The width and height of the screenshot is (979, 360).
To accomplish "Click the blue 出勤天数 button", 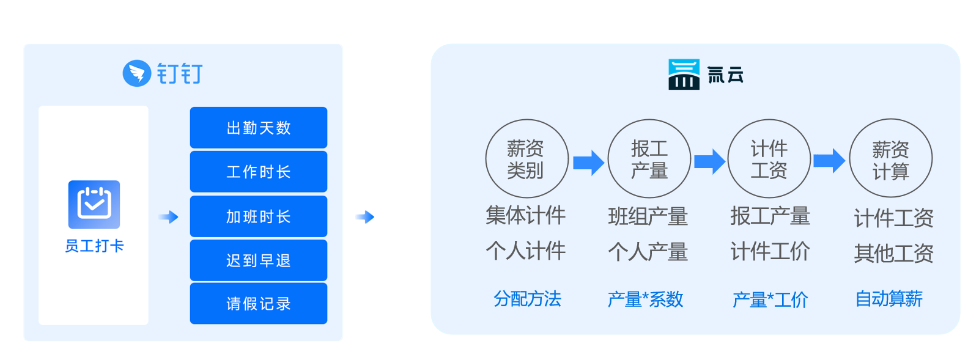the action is coord(258,128).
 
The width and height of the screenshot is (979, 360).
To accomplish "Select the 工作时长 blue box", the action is coord(258,172).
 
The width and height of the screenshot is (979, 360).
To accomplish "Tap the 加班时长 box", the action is coord(258,216).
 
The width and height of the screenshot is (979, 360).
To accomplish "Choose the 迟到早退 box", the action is coord(258,260).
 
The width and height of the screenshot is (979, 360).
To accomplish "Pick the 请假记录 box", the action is coord(258,304).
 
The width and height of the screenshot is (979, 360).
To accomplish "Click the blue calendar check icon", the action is coord(94,205).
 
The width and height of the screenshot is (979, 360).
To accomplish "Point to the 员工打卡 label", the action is coord(94,246).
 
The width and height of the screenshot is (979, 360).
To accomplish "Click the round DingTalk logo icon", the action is coord(137,73).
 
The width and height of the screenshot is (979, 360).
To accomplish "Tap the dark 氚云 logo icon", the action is coord(684,75).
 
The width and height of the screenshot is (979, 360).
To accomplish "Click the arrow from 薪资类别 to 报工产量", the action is coord(588,163).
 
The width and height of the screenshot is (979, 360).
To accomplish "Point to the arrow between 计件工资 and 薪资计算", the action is coord(829,161).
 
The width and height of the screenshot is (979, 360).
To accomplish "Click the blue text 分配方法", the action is coord(527,299).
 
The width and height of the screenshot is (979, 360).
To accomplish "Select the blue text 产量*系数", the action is coord(645,299).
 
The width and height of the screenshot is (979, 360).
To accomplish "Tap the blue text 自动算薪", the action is coord(889,299).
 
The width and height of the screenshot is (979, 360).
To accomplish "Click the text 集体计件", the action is coord(526,215).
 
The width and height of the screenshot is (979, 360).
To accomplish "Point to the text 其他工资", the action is coord(894,254).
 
